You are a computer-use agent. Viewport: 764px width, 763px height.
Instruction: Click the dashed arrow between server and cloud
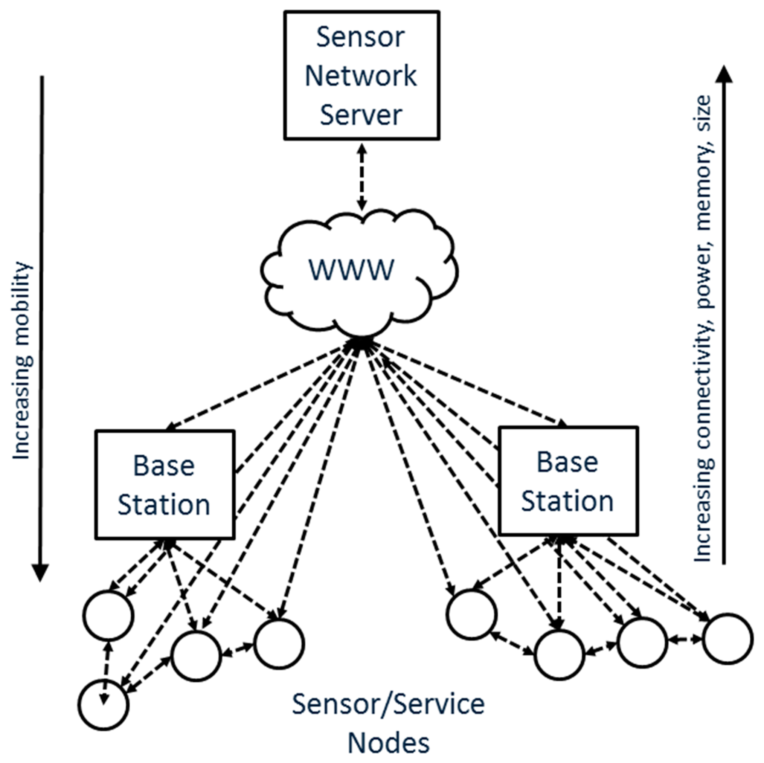pyautogui.click(x=362, y=177)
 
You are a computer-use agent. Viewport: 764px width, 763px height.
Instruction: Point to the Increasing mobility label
pyautogui.click(x=22, y=360)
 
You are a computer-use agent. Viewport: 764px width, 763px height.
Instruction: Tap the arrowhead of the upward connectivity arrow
pyautogui.click(x=724, y=75)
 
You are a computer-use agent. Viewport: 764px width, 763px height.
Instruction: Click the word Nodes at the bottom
pyautogui.click(x=388, y=743)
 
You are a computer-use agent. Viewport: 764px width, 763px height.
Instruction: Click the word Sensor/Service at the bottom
pyautogui.click(x=388, y=705)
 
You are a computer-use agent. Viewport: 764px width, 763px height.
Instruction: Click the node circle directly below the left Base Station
pyautogui.click(x=195, y=656)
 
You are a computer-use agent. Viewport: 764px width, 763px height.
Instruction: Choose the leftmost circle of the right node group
pyautogui.click(x=471, y=614)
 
